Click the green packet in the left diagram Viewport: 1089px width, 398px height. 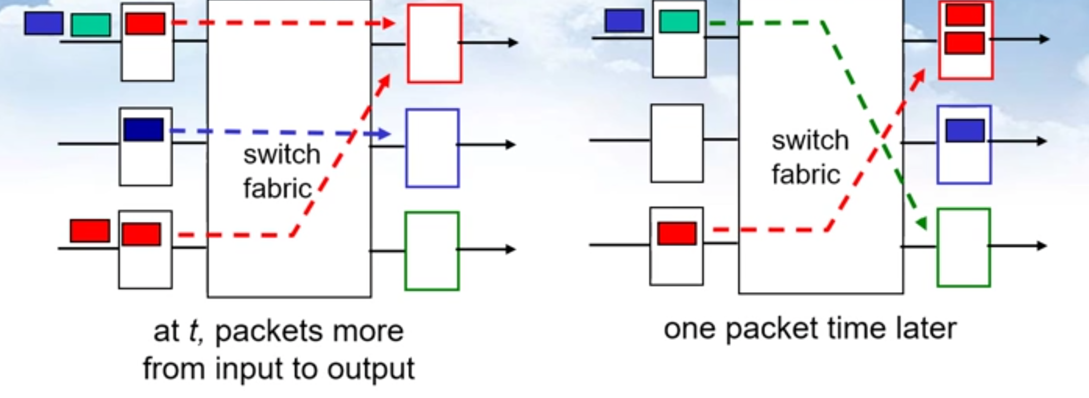click(x=90, y=25)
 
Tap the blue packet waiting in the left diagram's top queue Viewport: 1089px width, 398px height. click(x=44, y=23)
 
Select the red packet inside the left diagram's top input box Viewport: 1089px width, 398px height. click(x=145, y=23)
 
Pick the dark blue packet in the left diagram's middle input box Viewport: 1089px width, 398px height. click(x=144, y=130)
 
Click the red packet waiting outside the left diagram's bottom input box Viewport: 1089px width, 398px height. click(x=90, y=231)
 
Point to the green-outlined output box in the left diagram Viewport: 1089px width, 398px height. click(x=432, y=251)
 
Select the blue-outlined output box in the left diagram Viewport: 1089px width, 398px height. click(x=433, y=148)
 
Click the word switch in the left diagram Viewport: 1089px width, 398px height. click(x=282, y=155)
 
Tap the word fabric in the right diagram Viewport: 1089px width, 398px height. click(x=806, y=175)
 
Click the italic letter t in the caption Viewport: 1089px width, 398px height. click(x=193, y=331)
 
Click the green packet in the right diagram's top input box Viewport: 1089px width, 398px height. click(x=679, y=22)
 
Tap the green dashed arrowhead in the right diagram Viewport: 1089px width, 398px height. click(x=921, y=223)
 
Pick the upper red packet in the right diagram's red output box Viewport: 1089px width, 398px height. click(x=965, y=15)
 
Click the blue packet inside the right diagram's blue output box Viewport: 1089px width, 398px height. click(x=965, y=131)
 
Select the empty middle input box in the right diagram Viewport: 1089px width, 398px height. click(x=677, y=143)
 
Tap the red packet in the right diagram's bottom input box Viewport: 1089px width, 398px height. click(x=677, y=233)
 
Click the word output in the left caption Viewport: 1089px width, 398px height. click(x=371, y=369)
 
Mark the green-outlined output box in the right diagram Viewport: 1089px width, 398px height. click(x=963, y=248)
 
